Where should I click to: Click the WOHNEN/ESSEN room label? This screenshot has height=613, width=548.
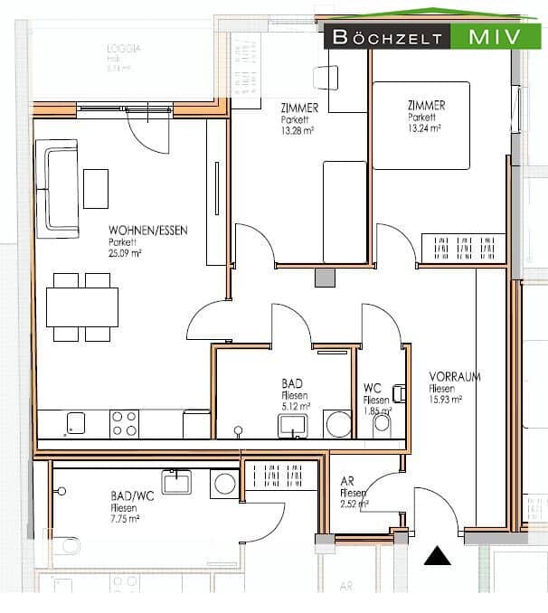(x=147, y=231)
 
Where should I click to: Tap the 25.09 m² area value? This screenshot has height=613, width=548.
(x=126, y=253)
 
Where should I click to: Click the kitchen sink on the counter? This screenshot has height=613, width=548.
(x=76, y=423)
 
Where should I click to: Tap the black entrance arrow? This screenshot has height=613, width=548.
(x=438, y=556)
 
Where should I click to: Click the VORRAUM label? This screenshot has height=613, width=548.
(x=455, y=377)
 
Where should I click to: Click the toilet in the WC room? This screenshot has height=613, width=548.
(x=382, y=422)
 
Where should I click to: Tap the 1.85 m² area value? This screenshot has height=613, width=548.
(x=376, y=411)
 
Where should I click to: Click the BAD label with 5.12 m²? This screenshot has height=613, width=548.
(x=292, y=384)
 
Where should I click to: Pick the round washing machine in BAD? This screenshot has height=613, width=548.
(x=338, y=424)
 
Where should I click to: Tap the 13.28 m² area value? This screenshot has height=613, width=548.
(x=297, y=128)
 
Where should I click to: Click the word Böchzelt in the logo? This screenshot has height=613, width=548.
(x=388, y=37)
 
